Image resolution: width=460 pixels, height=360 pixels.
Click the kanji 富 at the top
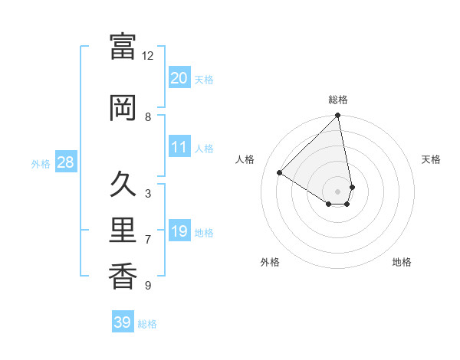123,46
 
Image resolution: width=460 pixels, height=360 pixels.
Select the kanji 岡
123,107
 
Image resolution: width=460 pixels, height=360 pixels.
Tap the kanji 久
123,185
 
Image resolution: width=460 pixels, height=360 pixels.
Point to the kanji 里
123,231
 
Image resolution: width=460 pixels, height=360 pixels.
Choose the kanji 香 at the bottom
123,277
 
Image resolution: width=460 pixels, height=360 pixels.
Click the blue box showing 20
179,77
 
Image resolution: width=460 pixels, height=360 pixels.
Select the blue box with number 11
179,147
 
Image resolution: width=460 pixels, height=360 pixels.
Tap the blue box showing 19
179,231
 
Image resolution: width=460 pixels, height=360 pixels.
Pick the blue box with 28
65,162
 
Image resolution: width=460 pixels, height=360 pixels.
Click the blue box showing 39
123,322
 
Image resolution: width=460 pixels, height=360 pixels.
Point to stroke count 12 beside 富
148,56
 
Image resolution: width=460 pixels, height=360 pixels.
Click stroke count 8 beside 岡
148,117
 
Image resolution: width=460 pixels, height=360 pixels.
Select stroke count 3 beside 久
148,194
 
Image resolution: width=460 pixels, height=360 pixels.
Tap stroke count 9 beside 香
148,286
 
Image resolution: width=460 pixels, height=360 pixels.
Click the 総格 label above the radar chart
338,100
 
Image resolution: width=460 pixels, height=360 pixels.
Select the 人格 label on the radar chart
245,159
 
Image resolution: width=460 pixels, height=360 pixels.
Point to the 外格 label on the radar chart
270,262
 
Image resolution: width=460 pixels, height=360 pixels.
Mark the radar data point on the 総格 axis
338,116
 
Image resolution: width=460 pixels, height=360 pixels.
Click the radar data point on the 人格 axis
280,173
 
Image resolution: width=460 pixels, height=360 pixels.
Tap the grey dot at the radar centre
338,191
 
